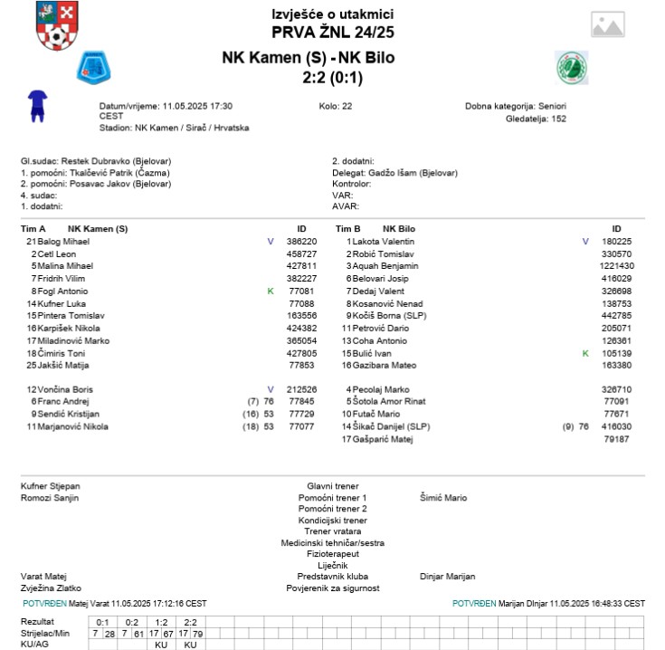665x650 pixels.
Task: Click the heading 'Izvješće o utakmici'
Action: (x=332, y=14)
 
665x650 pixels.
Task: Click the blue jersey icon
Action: (x=37, y=106)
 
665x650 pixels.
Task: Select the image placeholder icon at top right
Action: (x=608, y=24)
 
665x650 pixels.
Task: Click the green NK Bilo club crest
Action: (x=571, y=67)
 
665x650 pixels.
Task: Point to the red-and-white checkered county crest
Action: (x=56, y=26)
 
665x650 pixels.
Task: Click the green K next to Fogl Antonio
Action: (x=270, y=292)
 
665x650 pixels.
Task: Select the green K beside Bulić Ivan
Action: (x=585, y=353)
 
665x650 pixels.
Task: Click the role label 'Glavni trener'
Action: (x=333, y=486)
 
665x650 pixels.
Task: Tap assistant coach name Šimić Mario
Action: (x=443, y=498)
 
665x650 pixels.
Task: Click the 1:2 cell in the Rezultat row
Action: (x=162, y=622)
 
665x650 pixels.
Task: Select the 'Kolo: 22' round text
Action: (x=336, y=106)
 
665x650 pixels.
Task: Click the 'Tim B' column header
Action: (x=348, y=229)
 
